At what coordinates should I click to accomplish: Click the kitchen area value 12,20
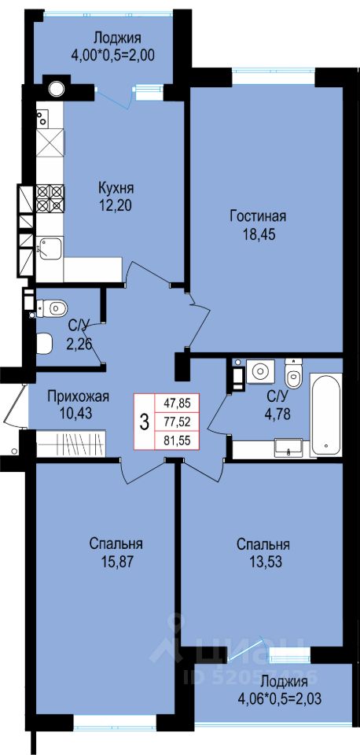point(115,205)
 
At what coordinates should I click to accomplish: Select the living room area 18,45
point(258,235)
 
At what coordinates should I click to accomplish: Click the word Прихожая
point(79,396)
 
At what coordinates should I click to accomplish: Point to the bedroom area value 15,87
point(116,562)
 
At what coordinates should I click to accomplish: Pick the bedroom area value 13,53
point(263,562)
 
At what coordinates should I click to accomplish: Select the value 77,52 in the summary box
point(177,422)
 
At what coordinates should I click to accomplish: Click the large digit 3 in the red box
point(144,422)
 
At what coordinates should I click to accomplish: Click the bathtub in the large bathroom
point(326,414)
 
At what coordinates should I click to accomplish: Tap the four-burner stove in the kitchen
point(50,197)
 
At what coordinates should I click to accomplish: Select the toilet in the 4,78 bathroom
point(293,373)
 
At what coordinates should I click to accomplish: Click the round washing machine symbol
point(260,371)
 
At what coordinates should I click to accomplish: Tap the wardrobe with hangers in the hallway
point(70,441)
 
